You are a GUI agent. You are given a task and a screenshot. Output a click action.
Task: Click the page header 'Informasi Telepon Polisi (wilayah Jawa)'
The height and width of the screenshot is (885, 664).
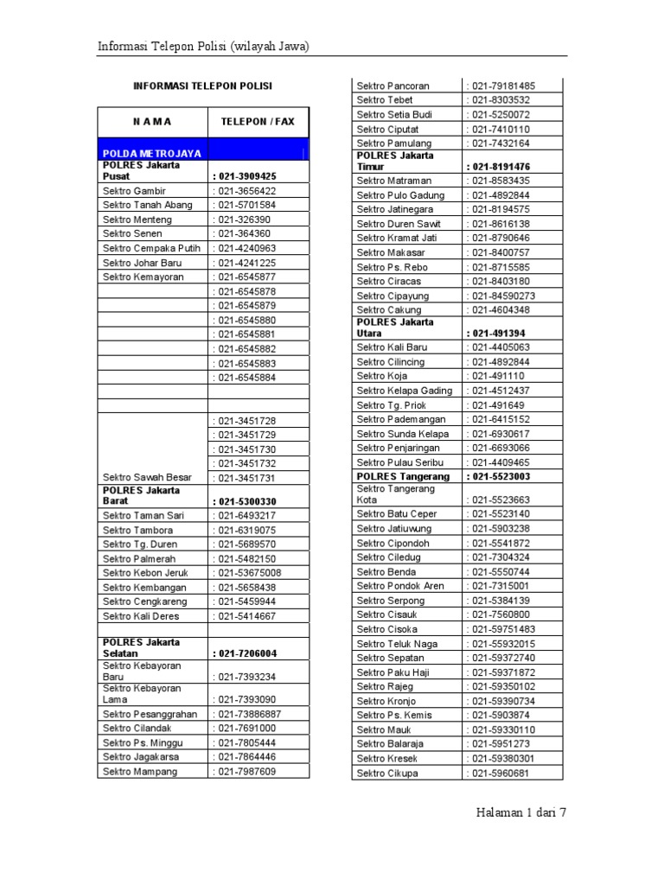click(203, 46)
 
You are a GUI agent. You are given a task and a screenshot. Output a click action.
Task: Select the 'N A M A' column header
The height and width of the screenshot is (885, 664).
click(152, 122)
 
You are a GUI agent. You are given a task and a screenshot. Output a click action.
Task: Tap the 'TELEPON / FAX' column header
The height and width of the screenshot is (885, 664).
click(258, 122)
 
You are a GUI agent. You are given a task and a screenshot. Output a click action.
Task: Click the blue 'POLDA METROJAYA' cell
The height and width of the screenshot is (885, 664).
click(152, 153)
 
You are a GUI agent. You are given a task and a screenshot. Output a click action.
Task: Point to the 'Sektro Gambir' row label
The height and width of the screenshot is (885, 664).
click(134, 190)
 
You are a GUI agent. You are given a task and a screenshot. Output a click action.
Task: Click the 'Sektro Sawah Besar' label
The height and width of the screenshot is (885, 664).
click(147, 477)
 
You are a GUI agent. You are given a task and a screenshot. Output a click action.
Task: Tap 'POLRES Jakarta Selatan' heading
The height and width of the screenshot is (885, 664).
click(142, 647)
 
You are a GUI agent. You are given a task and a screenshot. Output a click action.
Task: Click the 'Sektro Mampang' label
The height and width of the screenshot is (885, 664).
click(140, 771)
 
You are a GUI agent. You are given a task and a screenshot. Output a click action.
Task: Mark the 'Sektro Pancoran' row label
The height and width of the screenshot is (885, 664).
click(393, 86)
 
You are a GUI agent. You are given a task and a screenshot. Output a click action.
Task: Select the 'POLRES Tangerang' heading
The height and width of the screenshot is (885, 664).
click(403, 476)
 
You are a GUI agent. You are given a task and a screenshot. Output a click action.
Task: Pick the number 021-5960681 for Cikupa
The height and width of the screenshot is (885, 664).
click(499, 773)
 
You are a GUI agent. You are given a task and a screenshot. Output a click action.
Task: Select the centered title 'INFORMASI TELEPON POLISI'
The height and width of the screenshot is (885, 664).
click(202, 86)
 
